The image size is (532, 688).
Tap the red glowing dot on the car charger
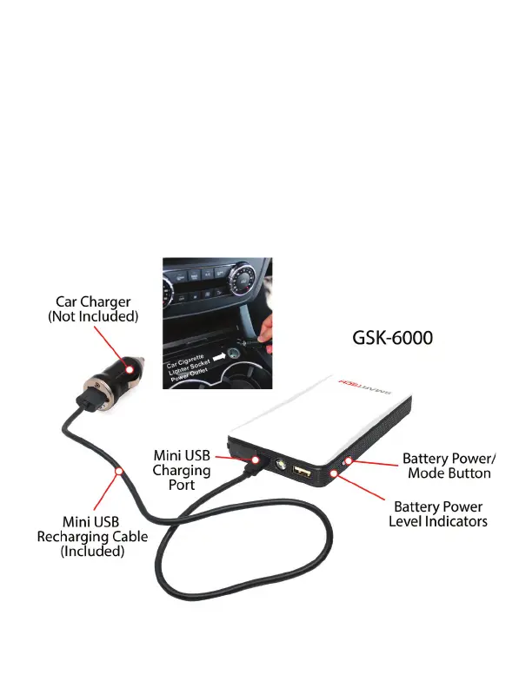coord(129,371)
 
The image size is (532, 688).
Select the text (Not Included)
coord(92,317)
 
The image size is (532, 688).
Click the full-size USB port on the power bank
coord(303,473)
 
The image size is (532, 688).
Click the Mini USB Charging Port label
coord(182,470)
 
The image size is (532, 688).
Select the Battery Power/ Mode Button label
coord(449,466)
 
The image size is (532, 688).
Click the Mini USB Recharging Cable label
coord(91,536)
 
